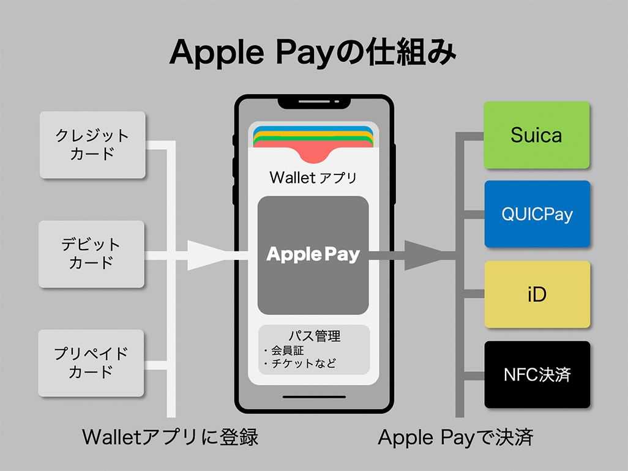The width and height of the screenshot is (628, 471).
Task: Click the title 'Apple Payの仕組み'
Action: (313, 53)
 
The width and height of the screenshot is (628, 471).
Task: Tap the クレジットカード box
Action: (92, 145)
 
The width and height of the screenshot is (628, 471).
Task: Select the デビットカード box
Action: (91, 254)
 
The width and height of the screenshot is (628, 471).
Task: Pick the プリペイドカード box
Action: (91, 363)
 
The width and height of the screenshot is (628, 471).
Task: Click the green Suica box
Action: (537, 135)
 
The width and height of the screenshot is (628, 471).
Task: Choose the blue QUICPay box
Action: (537, 214)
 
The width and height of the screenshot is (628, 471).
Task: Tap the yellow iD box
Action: (537, 294)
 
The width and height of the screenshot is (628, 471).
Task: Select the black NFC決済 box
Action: (537, 374)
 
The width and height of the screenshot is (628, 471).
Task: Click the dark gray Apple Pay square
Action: (313, 255)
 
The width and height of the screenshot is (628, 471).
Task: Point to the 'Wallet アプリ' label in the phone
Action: (313, 177)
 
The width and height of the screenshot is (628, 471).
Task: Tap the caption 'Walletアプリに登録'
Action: (170, 437)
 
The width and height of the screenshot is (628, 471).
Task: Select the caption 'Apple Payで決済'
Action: (455, 437)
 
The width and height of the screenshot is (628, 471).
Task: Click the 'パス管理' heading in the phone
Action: (315, 335)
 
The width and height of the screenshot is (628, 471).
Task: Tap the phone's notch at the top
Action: (314, 103)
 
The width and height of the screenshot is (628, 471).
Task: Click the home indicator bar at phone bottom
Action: (314, 396)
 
